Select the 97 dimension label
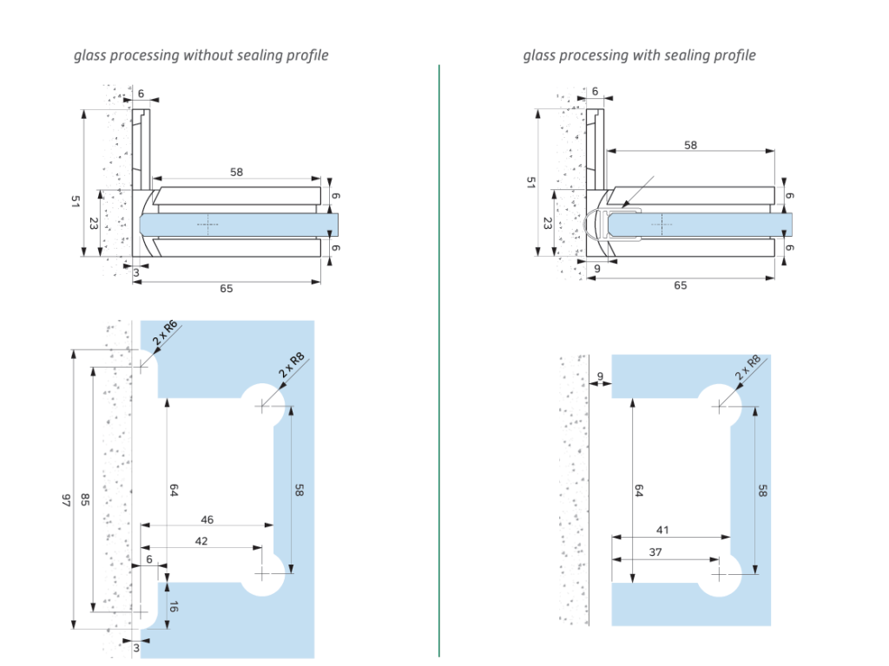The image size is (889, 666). click(66, 500)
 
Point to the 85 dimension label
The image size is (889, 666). click(84, 499)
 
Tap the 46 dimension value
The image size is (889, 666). click(207, 519)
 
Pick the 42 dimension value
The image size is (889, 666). click(201, 541)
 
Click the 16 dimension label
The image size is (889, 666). click(174, 606)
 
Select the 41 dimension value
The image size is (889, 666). click(662, 530)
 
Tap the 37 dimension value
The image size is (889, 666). click(655, 552)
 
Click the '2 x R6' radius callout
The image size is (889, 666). click(165, 333)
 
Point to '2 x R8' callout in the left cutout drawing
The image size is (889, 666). click(292, 365)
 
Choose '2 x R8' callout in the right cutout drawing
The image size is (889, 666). click(747, 368)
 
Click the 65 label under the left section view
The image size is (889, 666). click(227, 288)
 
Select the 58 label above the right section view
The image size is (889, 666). click(690, 145)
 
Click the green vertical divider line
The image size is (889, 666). click(438, 361)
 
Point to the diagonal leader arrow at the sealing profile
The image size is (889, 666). click(637, 192)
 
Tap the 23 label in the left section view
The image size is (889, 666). click(94, 224)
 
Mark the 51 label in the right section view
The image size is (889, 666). click(530, 182)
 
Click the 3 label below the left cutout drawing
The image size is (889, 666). click(136, 648)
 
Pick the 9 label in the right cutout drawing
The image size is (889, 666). click(601, 376)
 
